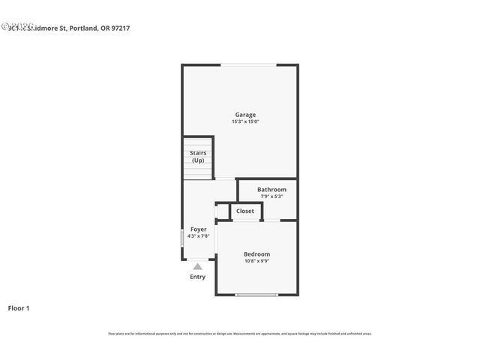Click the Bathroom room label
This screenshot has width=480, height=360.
click(271, 190)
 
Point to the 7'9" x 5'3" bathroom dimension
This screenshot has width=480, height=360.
click(271, 196)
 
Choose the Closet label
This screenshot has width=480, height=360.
click(245, 211)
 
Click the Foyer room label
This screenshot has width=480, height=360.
click(198, 229)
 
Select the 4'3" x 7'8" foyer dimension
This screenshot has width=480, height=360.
click(198, 235)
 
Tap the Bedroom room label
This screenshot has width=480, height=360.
click(256, 254)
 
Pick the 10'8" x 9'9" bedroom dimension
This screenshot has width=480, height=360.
click(256, 261)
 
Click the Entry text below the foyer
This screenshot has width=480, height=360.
click(197, 277)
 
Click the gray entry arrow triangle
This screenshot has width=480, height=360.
click(197, 265)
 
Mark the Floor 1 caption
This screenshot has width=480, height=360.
click(19, 307)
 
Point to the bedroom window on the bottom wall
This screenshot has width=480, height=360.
click(256, 295)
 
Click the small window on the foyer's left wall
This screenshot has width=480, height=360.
click(182, 238)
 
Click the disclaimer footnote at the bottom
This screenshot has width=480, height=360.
click(240, 334)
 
